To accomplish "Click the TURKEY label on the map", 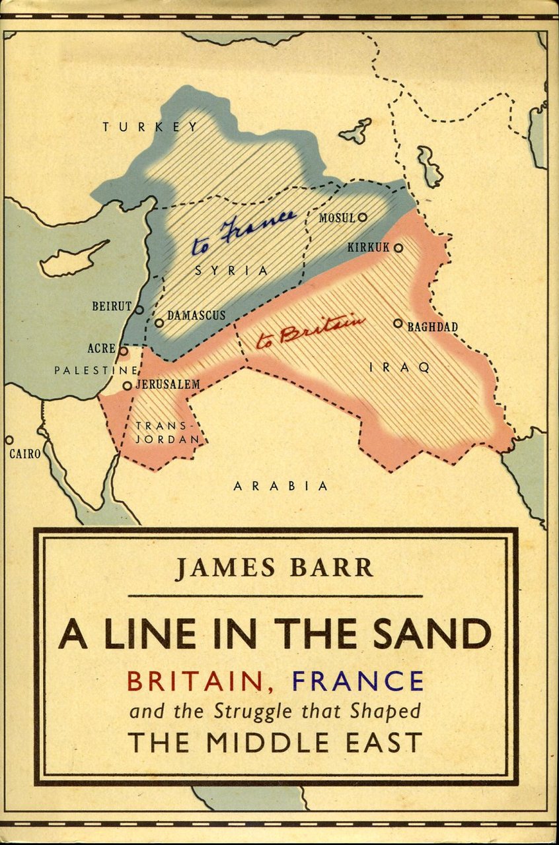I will [150, 127].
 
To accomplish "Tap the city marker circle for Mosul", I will [362, 217].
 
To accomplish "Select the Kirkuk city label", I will [368, 248].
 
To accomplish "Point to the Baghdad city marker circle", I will [398, 323].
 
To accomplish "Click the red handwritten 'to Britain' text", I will [311, 331].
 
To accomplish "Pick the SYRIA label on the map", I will [231, 271].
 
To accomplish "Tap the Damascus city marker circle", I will [159, 323].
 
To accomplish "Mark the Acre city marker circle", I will [123, 351].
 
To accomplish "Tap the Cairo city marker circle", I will [9, 440].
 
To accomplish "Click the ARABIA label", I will [280, 487].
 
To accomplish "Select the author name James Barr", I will [274, 567].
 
